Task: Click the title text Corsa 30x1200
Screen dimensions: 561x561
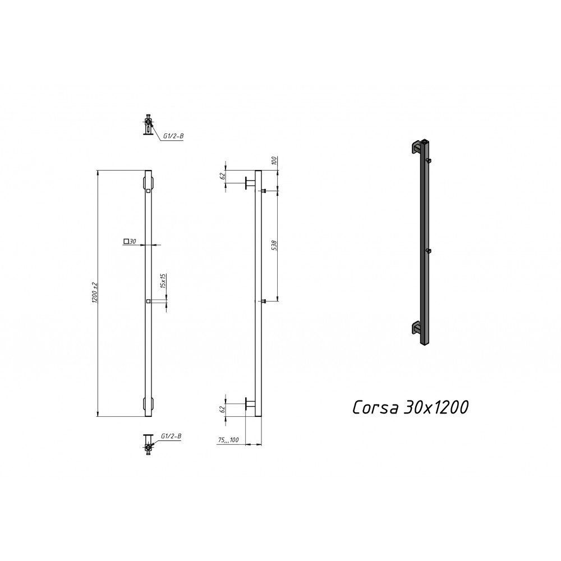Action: (411, 407)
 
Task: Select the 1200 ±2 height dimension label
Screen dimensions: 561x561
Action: (95, 293)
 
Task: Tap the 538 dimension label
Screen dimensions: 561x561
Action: (274, 246)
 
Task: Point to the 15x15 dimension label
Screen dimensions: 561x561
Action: (163, 281)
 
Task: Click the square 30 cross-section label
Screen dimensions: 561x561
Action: (130, 241)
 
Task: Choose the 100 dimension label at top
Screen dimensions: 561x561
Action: (274, 160)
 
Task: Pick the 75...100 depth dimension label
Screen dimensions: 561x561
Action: (228, 440)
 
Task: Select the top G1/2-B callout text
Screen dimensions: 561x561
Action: (173, 136)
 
